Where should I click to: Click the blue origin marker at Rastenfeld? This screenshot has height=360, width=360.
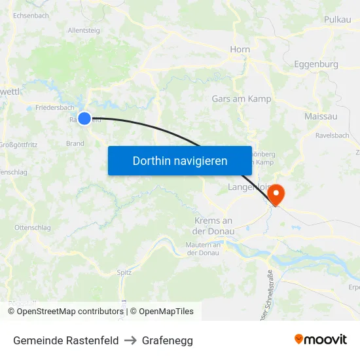click(84, 118)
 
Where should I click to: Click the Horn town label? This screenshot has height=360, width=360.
click(240, 49)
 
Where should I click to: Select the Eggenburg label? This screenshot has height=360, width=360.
click(316, 64)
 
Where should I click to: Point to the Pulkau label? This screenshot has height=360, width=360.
click(338, 20)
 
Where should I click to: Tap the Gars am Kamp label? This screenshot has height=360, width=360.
click(242, 99)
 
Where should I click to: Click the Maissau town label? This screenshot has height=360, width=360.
click(321, 116)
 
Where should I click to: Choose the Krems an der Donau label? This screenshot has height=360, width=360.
click(213, 226)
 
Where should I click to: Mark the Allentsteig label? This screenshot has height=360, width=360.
click(84, 30)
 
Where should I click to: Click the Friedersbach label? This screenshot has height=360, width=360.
click(55, 107)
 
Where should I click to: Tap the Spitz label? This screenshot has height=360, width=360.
click(124, 272)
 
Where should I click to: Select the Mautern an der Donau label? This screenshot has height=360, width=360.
click(203, 249)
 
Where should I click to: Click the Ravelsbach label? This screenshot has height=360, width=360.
click(332, 135)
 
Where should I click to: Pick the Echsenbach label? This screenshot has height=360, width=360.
click(31, 15)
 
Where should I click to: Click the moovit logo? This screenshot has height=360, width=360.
click(320, 340)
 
